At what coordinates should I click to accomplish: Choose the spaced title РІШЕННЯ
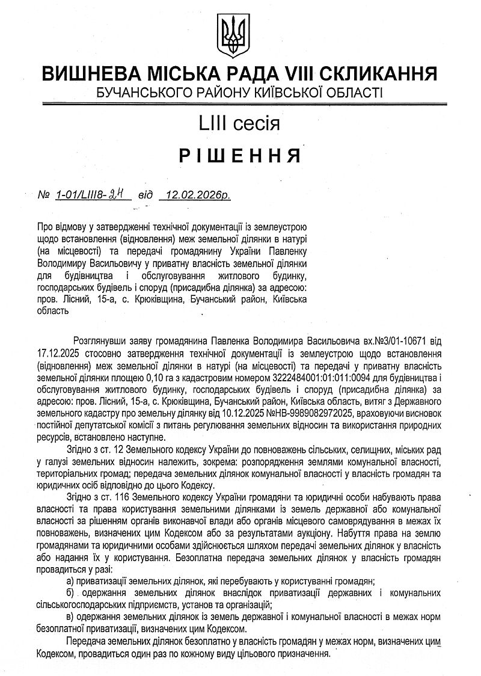click(240, 156)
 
